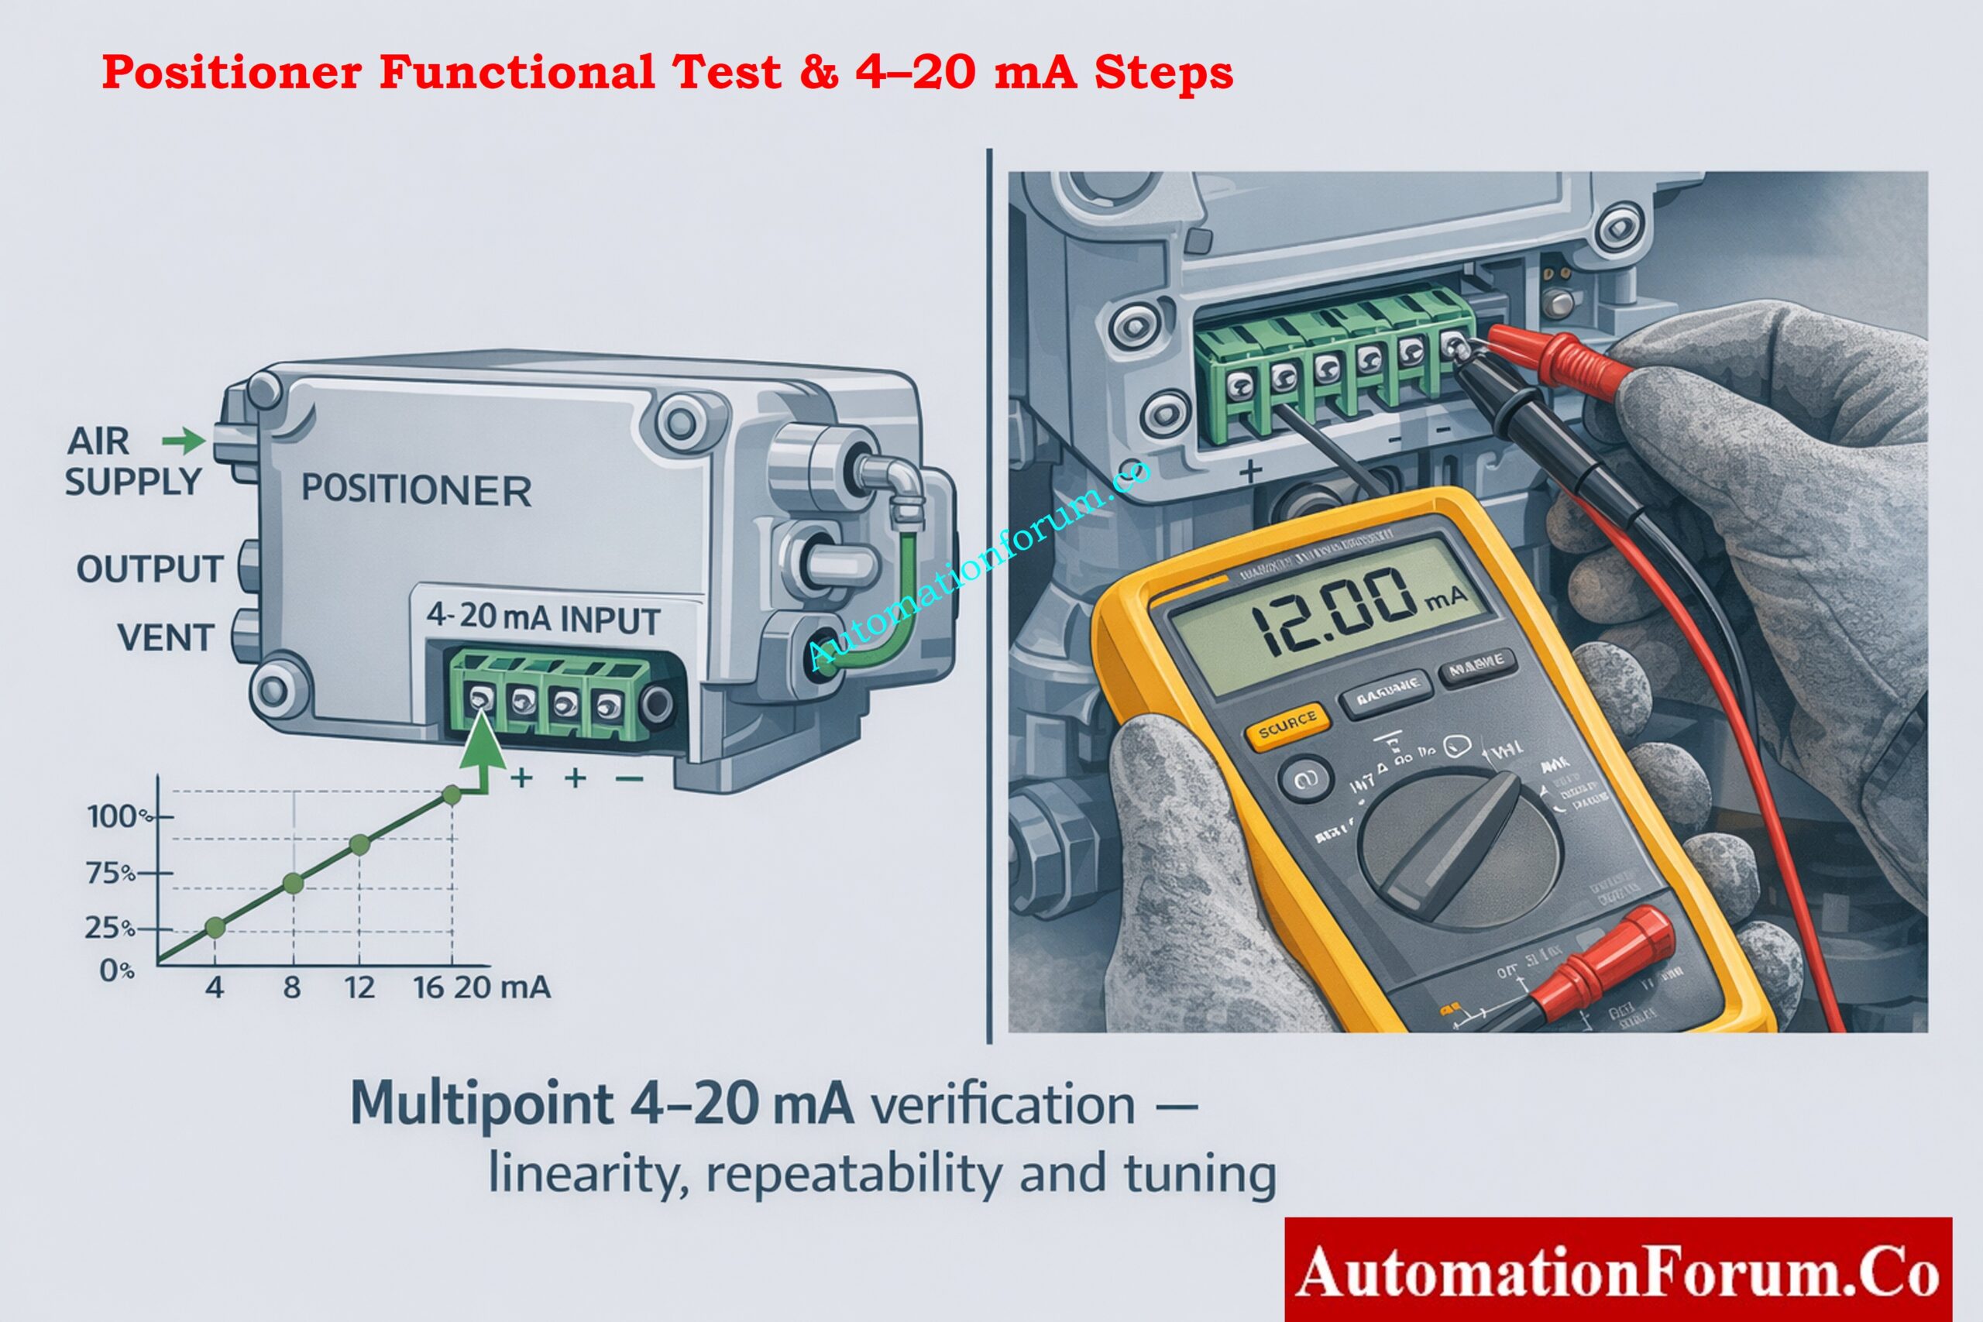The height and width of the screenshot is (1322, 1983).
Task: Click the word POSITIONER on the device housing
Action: [416, 490]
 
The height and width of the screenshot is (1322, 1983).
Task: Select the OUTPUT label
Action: [149, 569]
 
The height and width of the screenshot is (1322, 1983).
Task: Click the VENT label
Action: [164, 637]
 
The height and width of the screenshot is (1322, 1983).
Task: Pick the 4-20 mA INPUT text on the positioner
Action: [542, 618]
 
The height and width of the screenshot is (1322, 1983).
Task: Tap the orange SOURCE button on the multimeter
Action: [1287, 725]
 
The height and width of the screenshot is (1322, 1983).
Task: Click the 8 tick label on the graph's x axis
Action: [292, 987]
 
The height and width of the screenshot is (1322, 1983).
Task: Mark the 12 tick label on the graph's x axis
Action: [359, 987]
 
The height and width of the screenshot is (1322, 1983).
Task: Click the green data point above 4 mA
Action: [215, 928]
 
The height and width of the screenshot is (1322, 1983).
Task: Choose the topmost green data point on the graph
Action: [452, 795]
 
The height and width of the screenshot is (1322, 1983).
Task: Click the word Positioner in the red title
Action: [232, 72]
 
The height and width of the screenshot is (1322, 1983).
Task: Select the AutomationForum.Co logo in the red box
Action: [1617, 1272]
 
